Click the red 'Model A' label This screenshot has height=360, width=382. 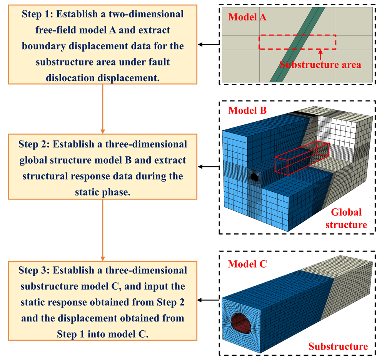[x=247, y=17]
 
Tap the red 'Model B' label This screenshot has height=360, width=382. [x=247, y=111]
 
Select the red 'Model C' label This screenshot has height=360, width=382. [x=247, y=264]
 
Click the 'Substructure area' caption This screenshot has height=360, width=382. [x=320, y=65]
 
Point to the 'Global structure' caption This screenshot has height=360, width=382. [x=346, y=218]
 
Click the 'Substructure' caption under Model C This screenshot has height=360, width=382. [x=338, y=347]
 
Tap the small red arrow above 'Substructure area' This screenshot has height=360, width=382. [x=320, y=55]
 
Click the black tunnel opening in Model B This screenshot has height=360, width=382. [x=254, y=177]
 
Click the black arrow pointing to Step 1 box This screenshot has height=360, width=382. [x=209, y=44]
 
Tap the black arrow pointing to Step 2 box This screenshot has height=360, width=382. [x=209, y=167]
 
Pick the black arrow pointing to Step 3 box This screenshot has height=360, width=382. [x=208, y=300]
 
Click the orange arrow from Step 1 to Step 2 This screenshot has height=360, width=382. [x=103, y=109]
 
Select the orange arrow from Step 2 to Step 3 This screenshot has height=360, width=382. [x=103, y=230]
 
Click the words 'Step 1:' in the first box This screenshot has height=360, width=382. [x=37, y=14]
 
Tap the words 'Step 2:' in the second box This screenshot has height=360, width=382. [x=34, y=144]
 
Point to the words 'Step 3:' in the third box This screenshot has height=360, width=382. [x=34, y=270]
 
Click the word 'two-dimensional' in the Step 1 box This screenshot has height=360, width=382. [x=146, y=14]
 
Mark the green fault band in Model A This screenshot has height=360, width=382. [x=297, y=45]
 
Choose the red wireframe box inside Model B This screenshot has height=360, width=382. [x=302, y=158]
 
